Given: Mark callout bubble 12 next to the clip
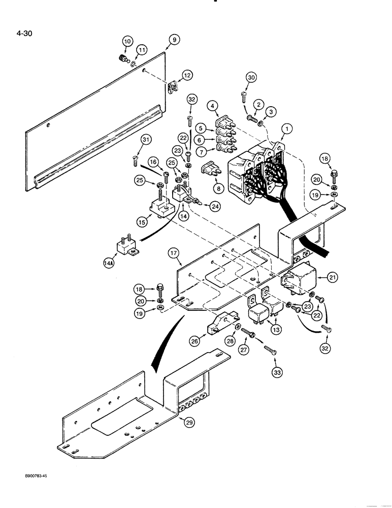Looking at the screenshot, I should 187,75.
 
